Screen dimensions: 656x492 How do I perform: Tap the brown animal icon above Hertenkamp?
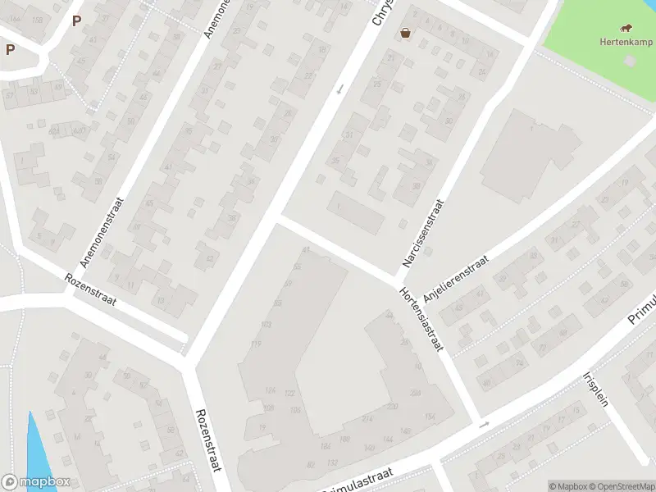coord(626,28)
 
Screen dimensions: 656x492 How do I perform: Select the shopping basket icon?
coord(405,34)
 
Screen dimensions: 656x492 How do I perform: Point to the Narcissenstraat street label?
coord(422,233)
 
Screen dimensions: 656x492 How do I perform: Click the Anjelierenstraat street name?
coord(456,279)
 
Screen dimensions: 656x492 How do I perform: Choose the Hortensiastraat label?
coord(421,320)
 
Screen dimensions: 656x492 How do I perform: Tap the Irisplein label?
coord(599,394)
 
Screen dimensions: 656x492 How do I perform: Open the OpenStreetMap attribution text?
coord(620,486)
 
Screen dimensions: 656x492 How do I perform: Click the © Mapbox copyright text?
coord(565,486)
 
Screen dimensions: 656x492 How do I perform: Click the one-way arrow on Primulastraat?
coord(484,424)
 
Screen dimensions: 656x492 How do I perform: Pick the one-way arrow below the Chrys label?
coord(339,88)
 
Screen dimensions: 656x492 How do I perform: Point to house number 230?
coord(393,406)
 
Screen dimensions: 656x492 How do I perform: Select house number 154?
coord(430,417)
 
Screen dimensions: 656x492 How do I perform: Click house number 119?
coord(256,343)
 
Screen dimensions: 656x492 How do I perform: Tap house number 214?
coord(366,419)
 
